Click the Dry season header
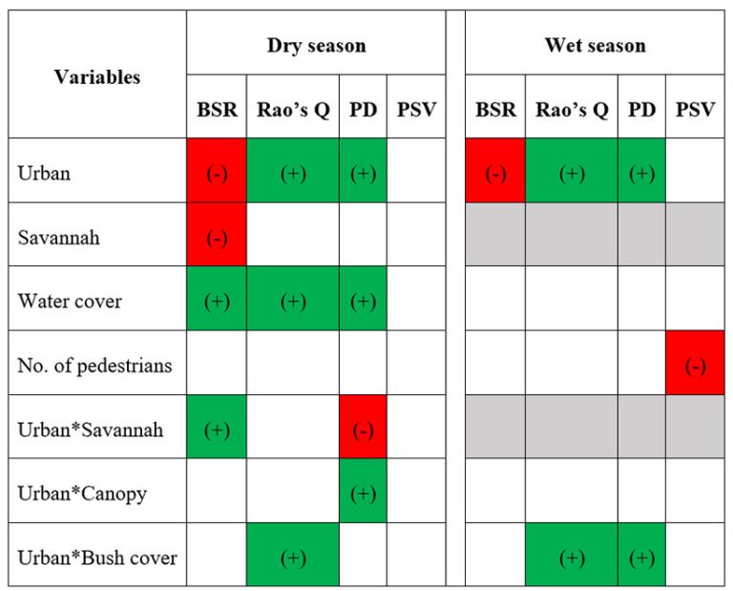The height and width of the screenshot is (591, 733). point(316,45)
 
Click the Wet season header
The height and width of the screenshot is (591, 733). point(595,45)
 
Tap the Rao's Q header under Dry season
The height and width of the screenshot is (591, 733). point(293,109)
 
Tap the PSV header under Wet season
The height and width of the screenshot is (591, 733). point(695,109)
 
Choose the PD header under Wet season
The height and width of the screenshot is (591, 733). point(641,109)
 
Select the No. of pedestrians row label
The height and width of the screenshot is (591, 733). point(94,365)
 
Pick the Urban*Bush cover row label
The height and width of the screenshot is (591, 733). point(97,557)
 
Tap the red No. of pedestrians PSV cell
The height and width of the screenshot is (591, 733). point(695,365)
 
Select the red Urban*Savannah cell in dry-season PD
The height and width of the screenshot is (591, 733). point(363,429)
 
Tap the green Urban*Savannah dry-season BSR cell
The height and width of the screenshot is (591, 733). point(217,429)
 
